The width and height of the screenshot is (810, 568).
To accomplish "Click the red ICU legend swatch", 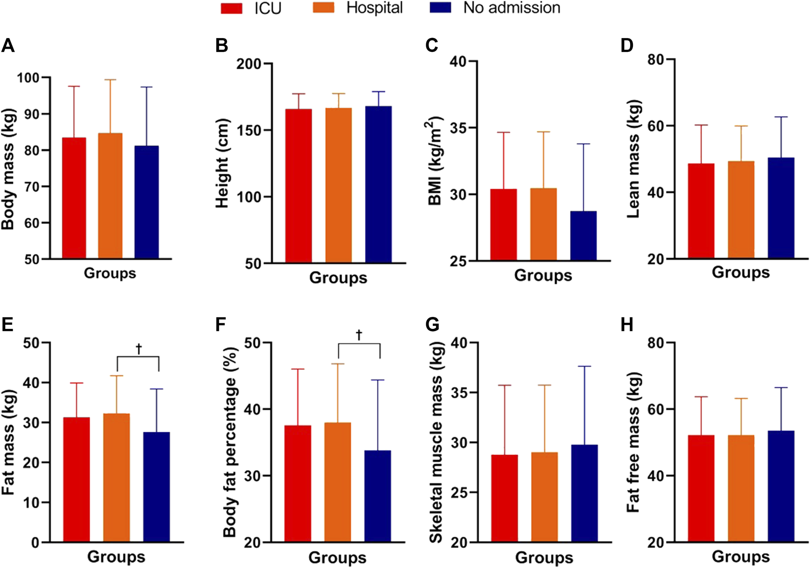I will (x=231, y=8).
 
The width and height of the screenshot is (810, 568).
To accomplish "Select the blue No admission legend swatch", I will (x=440, y=8).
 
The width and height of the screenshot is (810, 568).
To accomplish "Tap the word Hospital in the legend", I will (x=374, y=8).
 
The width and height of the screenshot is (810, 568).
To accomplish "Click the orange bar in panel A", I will (x=110, y=196).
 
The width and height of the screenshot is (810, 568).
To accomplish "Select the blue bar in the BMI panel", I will (x=583, y=236).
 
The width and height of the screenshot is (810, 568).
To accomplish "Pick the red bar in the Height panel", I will (x=298, y=186).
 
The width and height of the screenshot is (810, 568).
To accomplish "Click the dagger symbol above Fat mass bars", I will (x=139, y=348).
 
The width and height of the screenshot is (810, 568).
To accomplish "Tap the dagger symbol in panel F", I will (x=359, y=335).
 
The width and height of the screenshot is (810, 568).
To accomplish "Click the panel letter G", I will (x=432, y=325).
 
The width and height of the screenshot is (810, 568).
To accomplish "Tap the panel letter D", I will (x=627, y=46).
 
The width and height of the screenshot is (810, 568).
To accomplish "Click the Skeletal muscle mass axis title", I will (x=436, y=442).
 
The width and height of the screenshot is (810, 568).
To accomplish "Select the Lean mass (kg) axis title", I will (x=633, y=159).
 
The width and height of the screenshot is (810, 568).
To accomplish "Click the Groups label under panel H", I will (x=740, y=556).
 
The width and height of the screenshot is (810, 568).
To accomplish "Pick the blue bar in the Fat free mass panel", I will (x=781, y=486).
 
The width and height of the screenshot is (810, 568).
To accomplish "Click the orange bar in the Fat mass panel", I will (x=116, y=477).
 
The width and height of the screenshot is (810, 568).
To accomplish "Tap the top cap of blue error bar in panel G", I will (x=584, y=366).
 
